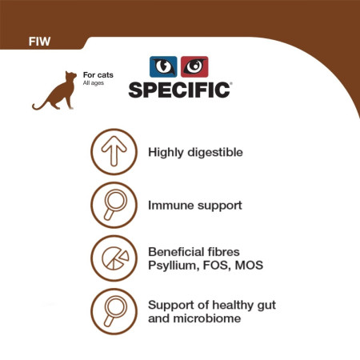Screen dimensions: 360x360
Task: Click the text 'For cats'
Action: tap(98, 75)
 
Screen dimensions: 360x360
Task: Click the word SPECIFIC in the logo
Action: tap(180, 88)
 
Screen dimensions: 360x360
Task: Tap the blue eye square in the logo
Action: tap(164, 66)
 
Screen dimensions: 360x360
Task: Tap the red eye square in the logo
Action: tap(194, 66)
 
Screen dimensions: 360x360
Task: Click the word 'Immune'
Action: tap(170, 205)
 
